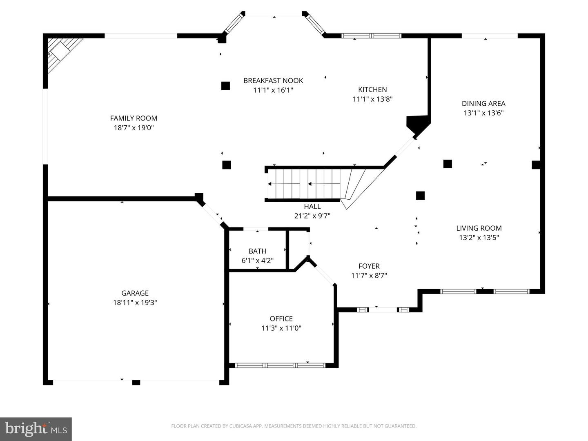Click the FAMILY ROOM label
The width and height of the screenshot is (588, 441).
[x=134, y=118]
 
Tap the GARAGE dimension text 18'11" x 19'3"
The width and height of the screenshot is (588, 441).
[x=135, y=303]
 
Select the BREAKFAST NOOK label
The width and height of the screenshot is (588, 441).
[x=273, y=80]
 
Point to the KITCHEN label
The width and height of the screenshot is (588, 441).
[x=372, y=89]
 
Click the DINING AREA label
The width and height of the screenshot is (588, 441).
[x=483, y=104]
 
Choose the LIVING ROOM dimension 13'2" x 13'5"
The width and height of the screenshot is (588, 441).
[x=479, y=237]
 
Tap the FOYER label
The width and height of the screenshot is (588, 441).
[x=369, y=266]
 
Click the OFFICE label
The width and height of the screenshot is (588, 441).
[x=281, y=318]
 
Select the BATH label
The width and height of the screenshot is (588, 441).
[x=257, y=251]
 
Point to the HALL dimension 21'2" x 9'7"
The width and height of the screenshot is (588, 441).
[x=312, y=216]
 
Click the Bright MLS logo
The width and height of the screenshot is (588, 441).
[x=36, y=429]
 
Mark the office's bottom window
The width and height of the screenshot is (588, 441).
[x=281, y=365]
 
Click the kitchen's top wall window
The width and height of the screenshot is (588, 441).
[x=371, y=36]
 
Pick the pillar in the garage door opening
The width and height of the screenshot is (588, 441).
[x=136, y=382]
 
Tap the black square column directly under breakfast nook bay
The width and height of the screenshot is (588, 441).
[x=225, y=86]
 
